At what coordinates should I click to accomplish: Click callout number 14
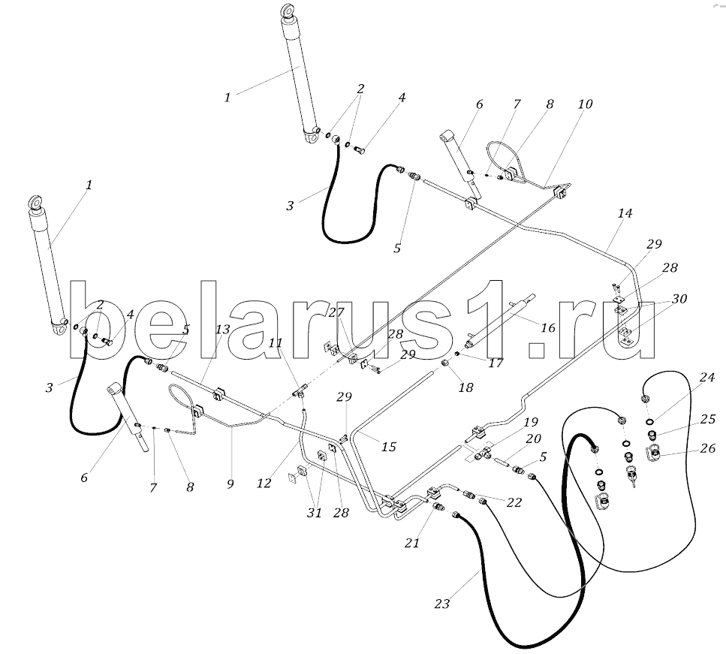625,213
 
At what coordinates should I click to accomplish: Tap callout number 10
585,104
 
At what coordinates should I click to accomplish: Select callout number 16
548,328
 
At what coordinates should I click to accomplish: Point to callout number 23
442,604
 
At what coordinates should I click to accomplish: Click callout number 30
679,299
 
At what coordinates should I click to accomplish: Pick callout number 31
315,513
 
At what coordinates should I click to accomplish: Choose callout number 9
230,484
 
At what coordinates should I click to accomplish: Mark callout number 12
264,483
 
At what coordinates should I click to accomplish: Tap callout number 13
223,330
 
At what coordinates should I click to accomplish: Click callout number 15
389,447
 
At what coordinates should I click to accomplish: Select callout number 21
411,542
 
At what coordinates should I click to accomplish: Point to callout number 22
514,502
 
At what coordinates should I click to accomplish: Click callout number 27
336,312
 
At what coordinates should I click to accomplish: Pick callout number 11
276,342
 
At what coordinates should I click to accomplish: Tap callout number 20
533,439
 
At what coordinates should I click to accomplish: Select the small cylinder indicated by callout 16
500,321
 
